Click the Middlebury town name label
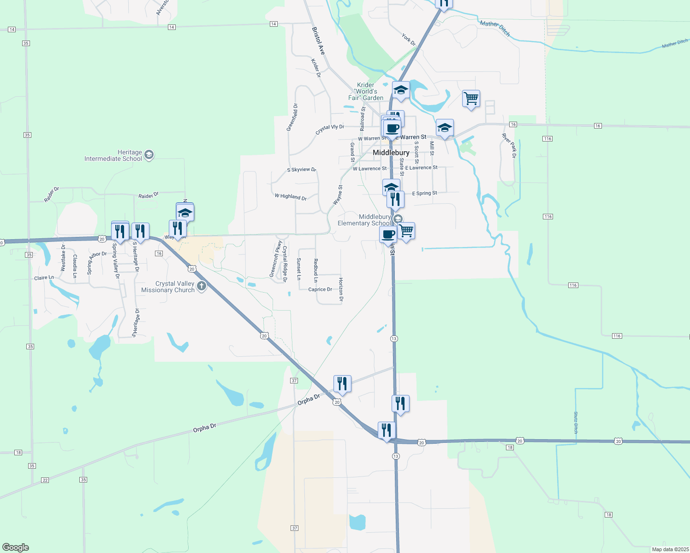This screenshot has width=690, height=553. click(x=391, y=153)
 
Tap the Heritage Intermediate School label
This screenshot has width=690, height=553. click(x=113, y=156)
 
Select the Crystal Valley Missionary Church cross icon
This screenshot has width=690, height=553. click(x=202, y=287)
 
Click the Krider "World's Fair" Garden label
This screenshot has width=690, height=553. click(x=366, y=91)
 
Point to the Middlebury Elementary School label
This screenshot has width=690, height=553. click(x=364, y=220)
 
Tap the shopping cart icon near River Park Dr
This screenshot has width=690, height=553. click(x=471, y=98)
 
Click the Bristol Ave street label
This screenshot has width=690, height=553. click(x=318, y=41)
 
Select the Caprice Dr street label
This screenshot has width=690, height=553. click(x=320, y=289)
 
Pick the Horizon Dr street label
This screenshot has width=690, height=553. click(x=341, y=289)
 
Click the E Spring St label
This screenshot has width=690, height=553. click(x=424, y=194)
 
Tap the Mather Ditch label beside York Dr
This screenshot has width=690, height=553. click(x=495, y=28)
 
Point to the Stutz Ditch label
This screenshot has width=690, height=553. click(x=576, y=422)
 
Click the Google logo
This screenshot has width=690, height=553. click(x=15, y=547)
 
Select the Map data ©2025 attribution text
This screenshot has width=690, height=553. click(x=670, y=549)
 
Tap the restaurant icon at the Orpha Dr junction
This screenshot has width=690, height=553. click(x=342, y=383)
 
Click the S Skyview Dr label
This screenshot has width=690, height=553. click(x=301, y=170)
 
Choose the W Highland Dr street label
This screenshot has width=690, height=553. click(x=291, y=197)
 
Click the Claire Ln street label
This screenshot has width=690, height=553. click(x=44, y=278)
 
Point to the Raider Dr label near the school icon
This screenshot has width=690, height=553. click(x=149, y=195)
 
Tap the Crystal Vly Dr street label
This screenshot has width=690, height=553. click(x=330, y=129)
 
